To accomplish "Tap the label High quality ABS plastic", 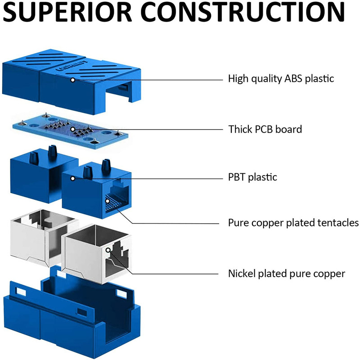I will click(281, 79).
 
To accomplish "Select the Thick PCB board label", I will click(265, 130).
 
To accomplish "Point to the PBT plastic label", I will click(252, 177).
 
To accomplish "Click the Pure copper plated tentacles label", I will click(293, 223).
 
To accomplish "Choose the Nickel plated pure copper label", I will click(286, 273).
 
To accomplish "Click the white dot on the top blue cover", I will click(72, 79).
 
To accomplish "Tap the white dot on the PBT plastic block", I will click(72, 179).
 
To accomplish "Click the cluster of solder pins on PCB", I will click(72, 127).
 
